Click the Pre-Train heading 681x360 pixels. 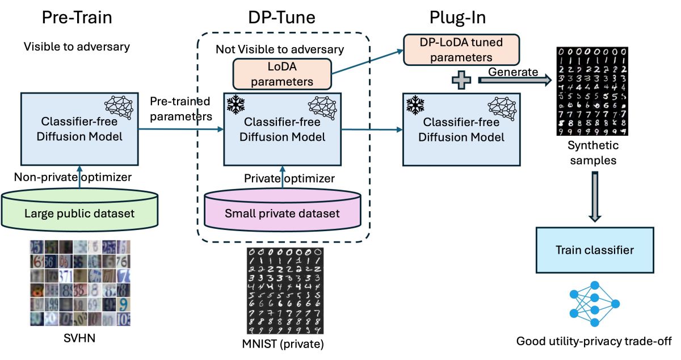pyautogui.click(x=77, y=18)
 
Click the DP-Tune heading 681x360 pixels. pyautogui.click(x=282, y=18)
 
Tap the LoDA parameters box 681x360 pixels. pyautogui.click(x=281, y=75)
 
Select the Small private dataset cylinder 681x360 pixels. pyautogui.click(x=282, y=214)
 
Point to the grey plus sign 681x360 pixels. pyautogui.click(x=461, y=80)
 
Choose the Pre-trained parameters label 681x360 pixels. pyautogui.click(x=180, y=108)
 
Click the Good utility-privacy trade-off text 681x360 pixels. pyautogui.click(x=594, y=341)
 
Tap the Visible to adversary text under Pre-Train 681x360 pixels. pyautogui.click(x=77, y=47)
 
